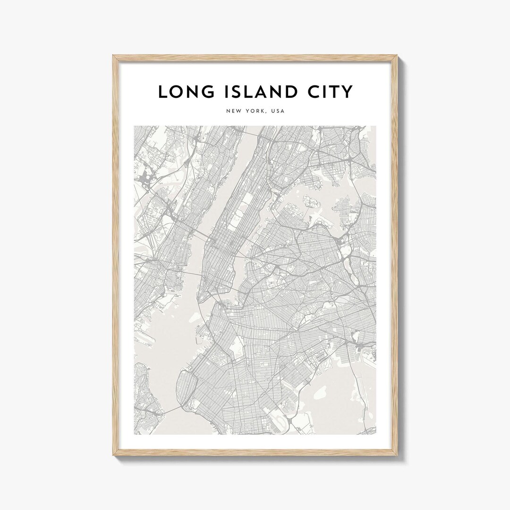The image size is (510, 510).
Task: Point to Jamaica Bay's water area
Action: [x=326, y=397]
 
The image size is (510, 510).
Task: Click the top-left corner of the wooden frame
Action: [x=113, y=56]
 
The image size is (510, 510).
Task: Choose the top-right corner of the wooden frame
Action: [x=397, y=56]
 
